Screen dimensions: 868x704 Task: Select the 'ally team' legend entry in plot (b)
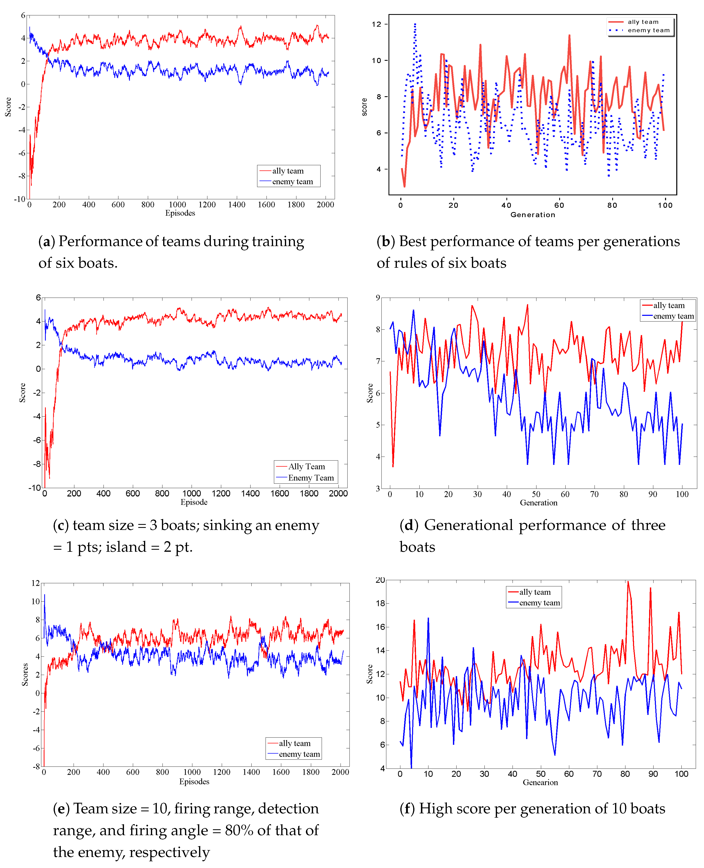point(643,22)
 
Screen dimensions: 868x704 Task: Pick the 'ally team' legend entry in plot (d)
point(668,305)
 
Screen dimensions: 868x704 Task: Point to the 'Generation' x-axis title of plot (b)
point(532,215)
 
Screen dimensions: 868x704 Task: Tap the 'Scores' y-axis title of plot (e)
point(25,675)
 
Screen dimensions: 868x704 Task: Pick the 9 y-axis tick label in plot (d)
point(378,297)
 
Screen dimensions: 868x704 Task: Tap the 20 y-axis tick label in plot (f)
point(380,580)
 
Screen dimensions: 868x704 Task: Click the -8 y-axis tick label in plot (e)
point(36,766)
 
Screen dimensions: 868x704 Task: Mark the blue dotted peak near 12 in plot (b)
point(415,24)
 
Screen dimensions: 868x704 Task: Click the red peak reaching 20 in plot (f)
point(628,582)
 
